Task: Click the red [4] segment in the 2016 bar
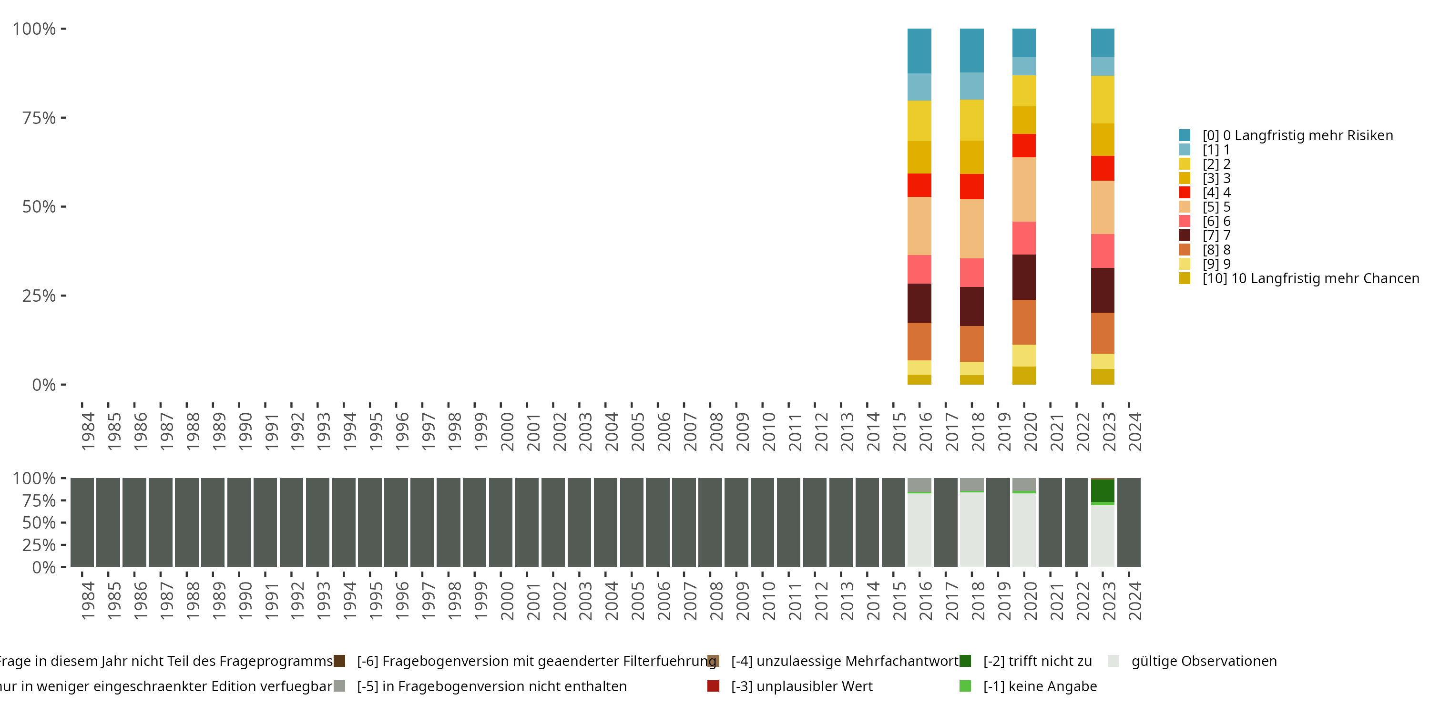coord(919,185)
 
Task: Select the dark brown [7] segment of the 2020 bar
coord(1024,277)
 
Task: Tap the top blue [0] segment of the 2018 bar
coord(971,50)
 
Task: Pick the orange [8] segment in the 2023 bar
coord(1103,333)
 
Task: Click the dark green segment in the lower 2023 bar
coord(1103,491)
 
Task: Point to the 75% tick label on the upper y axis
coord(39,118)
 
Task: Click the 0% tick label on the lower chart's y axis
coord(44,567)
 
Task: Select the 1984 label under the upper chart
coord(88,431)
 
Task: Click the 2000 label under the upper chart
coord(507,431)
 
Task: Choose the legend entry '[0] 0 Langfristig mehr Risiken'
coord(1297,135)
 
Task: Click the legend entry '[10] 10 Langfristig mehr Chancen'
coord(1310,278)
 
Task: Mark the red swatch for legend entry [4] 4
coord(1184,193)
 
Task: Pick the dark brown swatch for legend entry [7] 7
coord(1184,235)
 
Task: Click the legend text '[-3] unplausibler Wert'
coord(802,686)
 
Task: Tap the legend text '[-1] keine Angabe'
coord(1040,686)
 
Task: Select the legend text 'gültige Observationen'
coord(1204,661)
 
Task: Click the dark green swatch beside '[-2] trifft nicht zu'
coord(965,661)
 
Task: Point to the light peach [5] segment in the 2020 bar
coord(1024,189)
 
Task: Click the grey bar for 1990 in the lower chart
coord(239,522)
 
